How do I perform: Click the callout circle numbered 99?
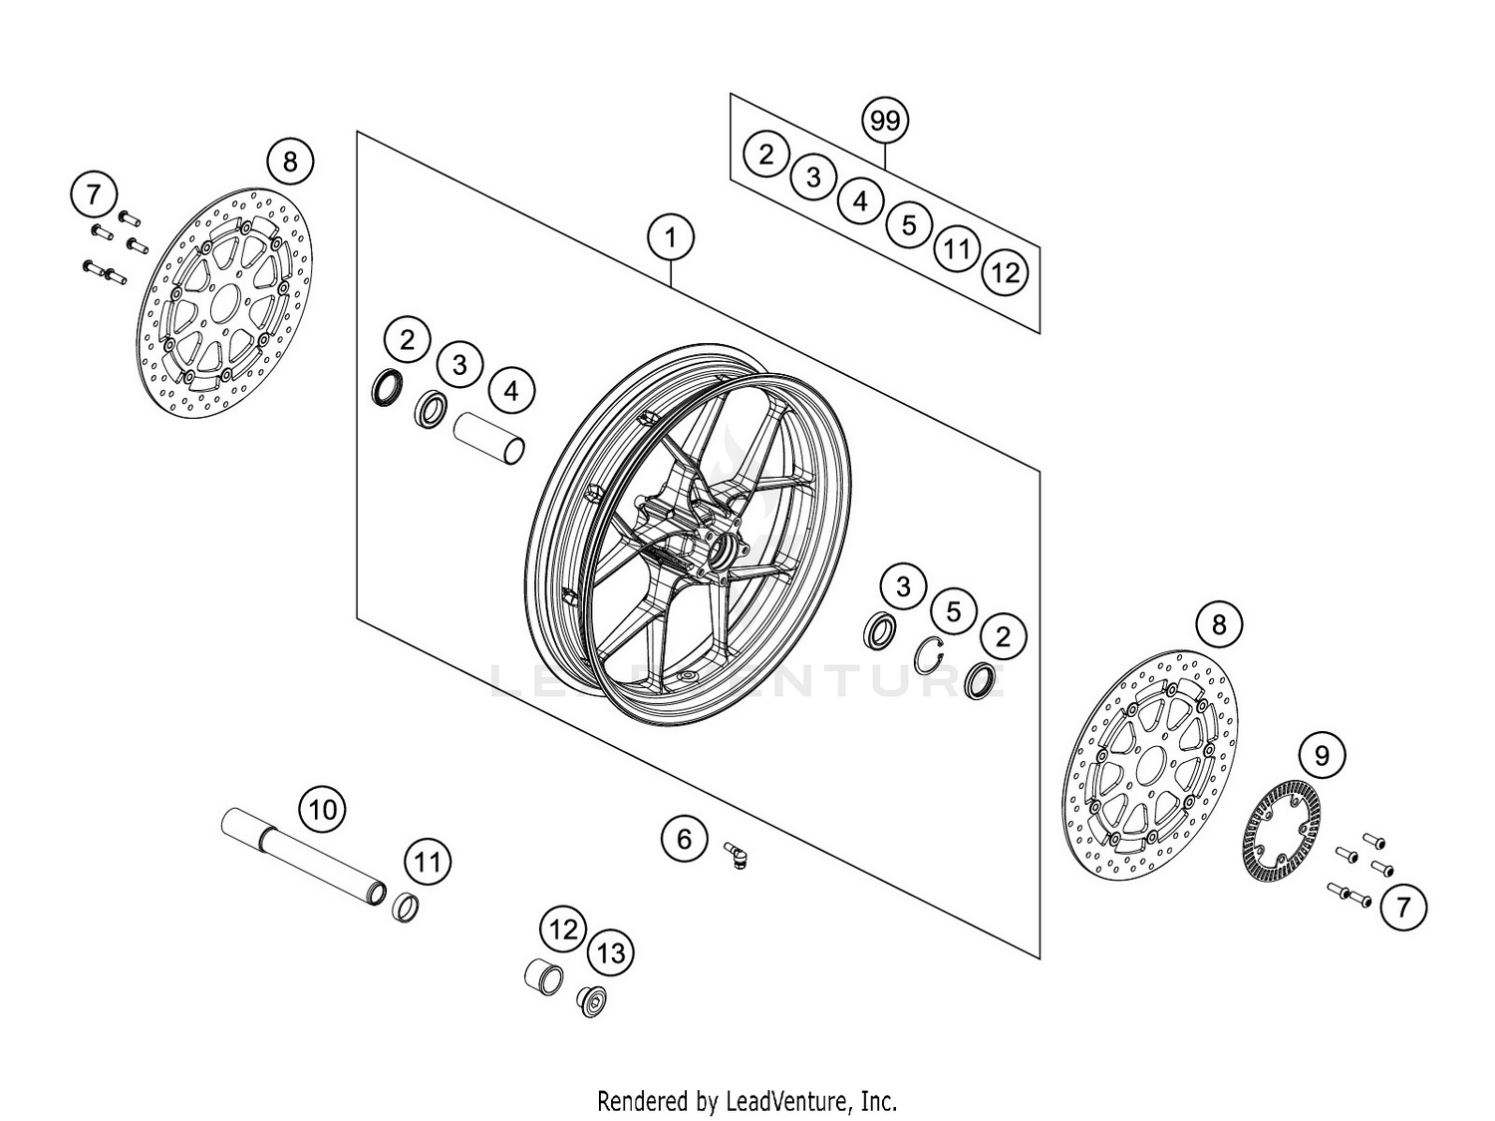(x=885, y=121)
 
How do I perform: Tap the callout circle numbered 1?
(x=671, y=237)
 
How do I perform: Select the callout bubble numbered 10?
(x=323, y=808)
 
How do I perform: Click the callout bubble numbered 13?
(x=611, y=952)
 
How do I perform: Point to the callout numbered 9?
(x=1322, y=755)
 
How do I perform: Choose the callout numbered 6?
(x=684, y=839)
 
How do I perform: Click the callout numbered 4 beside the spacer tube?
(x=511, y=390)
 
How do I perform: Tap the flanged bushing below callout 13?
(x=593, y=999)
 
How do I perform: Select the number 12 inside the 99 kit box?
(x=1005, y=271)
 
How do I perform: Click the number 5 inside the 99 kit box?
(x=908, y=224)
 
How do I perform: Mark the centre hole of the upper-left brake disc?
(x=224, y=300)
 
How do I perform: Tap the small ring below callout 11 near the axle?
(x=405, y=909)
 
